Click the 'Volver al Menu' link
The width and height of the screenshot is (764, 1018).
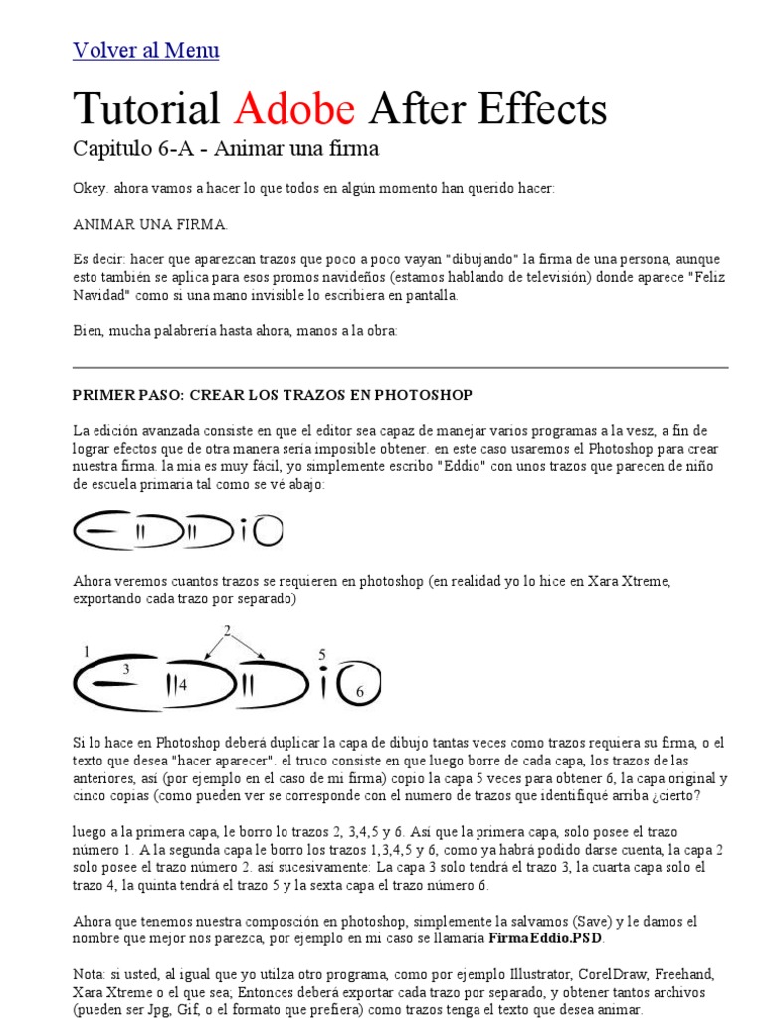146,51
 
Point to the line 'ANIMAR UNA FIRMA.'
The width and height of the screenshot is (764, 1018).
150,223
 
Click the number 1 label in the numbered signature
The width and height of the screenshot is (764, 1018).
88,652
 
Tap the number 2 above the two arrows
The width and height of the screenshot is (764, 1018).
227,631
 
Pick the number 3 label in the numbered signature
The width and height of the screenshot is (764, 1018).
126,670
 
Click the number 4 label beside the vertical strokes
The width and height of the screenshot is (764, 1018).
183,685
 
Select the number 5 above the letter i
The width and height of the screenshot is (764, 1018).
322,655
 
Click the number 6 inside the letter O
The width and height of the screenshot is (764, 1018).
360,691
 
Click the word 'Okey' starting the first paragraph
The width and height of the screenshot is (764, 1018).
90,188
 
